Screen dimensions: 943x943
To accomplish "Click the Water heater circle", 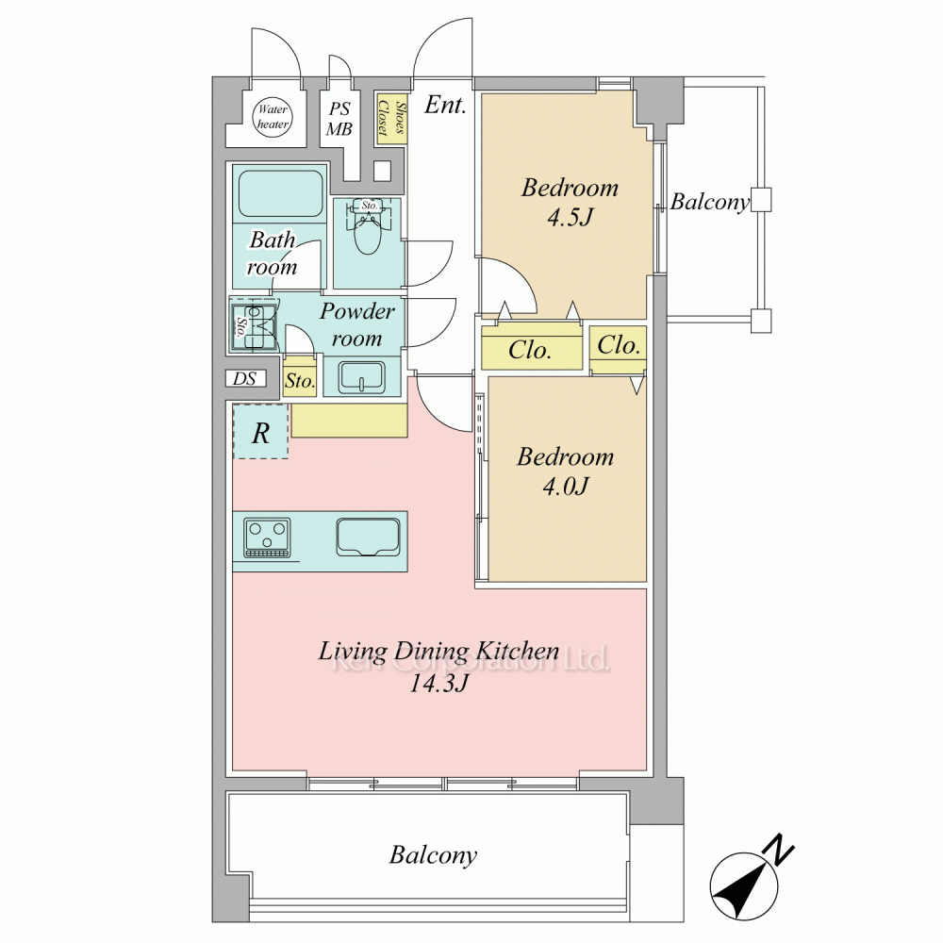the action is click(x=273, y=117).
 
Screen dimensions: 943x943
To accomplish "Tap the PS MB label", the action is click(x=339, y=119).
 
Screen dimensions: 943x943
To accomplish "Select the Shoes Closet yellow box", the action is click(x=391, y=119).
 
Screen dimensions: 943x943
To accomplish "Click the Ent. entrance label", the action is click(x=445, y=106).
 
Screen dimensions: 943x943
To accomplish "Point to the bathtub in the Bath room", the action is click(x=280, y=193).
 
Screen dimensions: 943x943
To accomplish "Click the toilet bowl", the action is click(x=368, y=232).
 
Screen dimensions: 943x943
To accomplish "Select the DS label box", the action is click(x=245, y=378).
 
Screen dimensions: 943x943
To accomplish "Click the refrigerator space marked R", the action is click(x=260, y=432).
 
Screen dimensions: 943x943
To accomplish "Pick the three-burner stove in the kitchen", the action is click(x=267, y=538).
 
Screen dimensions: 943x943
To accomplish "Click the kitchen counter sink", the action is click(x=368, y=538).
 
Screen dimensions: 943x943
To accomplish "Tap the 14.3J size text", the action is click(x=438, y=683).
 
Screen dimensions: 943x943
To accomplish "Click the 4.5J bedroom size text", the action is click(x=571, y=217).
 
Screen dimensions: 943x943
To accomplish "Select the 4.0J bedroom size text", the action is click(x=565, y=486).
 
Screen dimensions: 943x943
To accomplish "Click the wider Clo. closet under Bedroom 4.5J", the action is click(x=532, y=348).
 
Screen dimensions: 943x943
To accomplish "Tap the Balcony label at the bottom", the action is click(x=433, y=855).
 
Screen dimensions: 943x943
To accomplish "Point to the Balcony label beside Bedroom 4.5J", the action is click(x=710, y=203).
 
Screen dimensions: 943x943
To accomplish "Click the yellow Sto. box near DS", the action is click(x=300, y=379).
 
